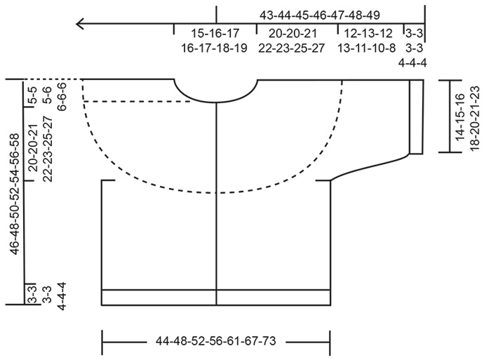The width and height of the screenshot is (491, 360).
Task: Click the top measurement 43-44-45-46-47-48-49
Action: point(320,15)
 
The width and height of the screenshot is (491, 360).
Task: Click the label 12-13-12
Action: point(368,33)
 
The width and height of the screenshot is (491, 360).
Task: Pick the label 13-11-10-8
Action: point(368,48)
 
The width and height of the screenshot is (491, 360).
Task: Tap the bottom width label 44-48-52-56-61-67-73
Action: point(216,342)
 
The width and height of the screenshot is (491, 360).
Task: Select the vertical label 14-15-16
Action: point(459,116)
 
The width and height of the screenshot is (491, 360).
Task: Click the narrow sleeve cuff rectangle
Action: point(416,116)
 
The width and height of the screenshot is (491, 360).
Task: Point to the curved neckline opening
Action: point(216,95)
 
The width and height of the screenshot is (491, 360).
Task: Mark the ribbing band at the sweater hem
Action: point(216,298)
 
